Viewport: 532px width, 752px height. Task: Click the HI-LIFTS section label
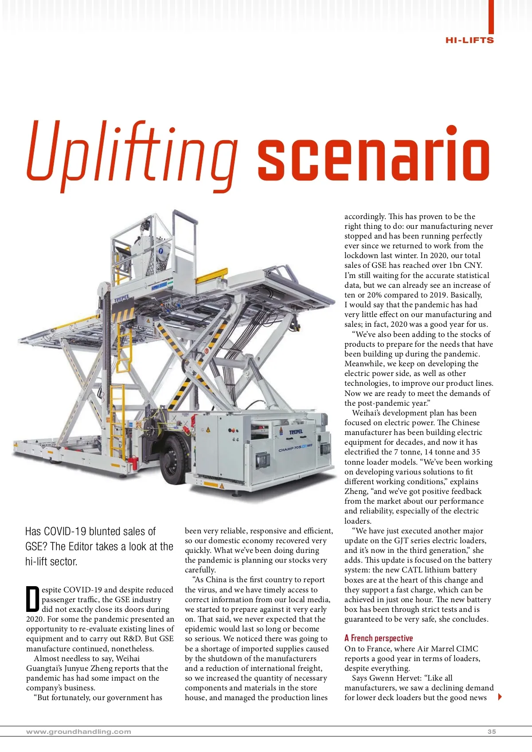469,40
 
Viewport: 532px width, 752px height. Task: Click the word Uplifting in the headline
132,153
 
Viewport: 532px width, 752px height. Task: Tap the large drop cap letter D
33,599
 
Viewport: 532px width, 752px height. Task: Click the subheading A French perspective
378,638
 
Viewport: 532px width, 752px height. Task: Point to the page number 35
491,732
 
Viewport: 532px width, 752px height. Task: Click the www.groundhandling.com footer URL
79,732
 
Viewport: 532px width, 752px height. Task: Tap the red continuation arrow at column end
500,697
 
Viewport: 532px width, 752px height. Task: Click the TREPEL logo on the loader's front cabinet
296,432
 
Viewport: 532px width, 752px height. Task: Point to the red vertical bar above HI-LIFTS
491,16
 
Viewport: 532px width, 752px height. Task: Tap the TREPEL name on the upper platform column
122,299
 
